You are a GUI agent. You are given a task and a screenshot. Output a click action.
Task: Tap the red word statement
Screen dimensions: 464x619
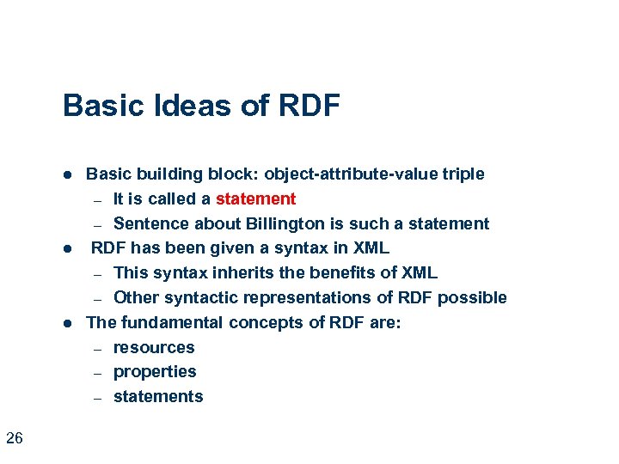pyautogui.click(x=255, y=199)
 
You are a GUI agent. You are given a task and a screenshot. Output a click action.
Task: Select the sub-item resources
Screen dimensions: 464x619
pyautogui.click(x=154, y=348)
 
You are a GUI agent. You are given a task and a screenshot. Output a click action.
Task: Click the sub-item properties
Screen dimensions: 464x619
pyautogui.click(x=155, y=372)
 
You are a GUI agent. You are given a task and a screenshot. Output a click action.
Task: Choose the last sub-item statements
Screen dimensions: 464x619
pyautogui.click(x=158, y=397)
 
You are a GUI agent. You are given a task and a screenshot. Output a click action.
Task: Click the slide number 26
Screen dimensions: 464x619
pyautogui.click(x=15, y=439)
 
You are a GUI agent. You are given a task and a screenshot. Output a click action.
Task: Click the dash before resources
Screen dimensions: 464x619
pyautogui.click(x=97, y=349)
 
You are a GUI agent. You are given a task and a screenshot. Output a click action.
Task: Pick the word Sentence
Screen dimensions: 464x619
pyautogui.click(x=150, y=224)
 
